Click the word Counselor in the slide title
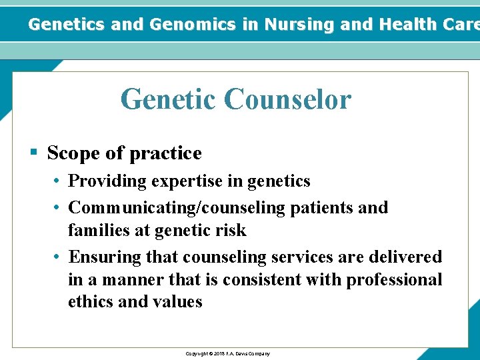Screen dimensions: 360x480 287,99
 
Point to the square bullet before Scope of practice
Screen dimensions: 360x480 34,153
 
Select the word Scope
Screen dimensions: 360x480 74,153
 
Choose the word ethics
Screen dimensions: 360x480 90,302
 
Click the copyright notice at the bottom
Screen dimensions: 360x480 227,353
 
